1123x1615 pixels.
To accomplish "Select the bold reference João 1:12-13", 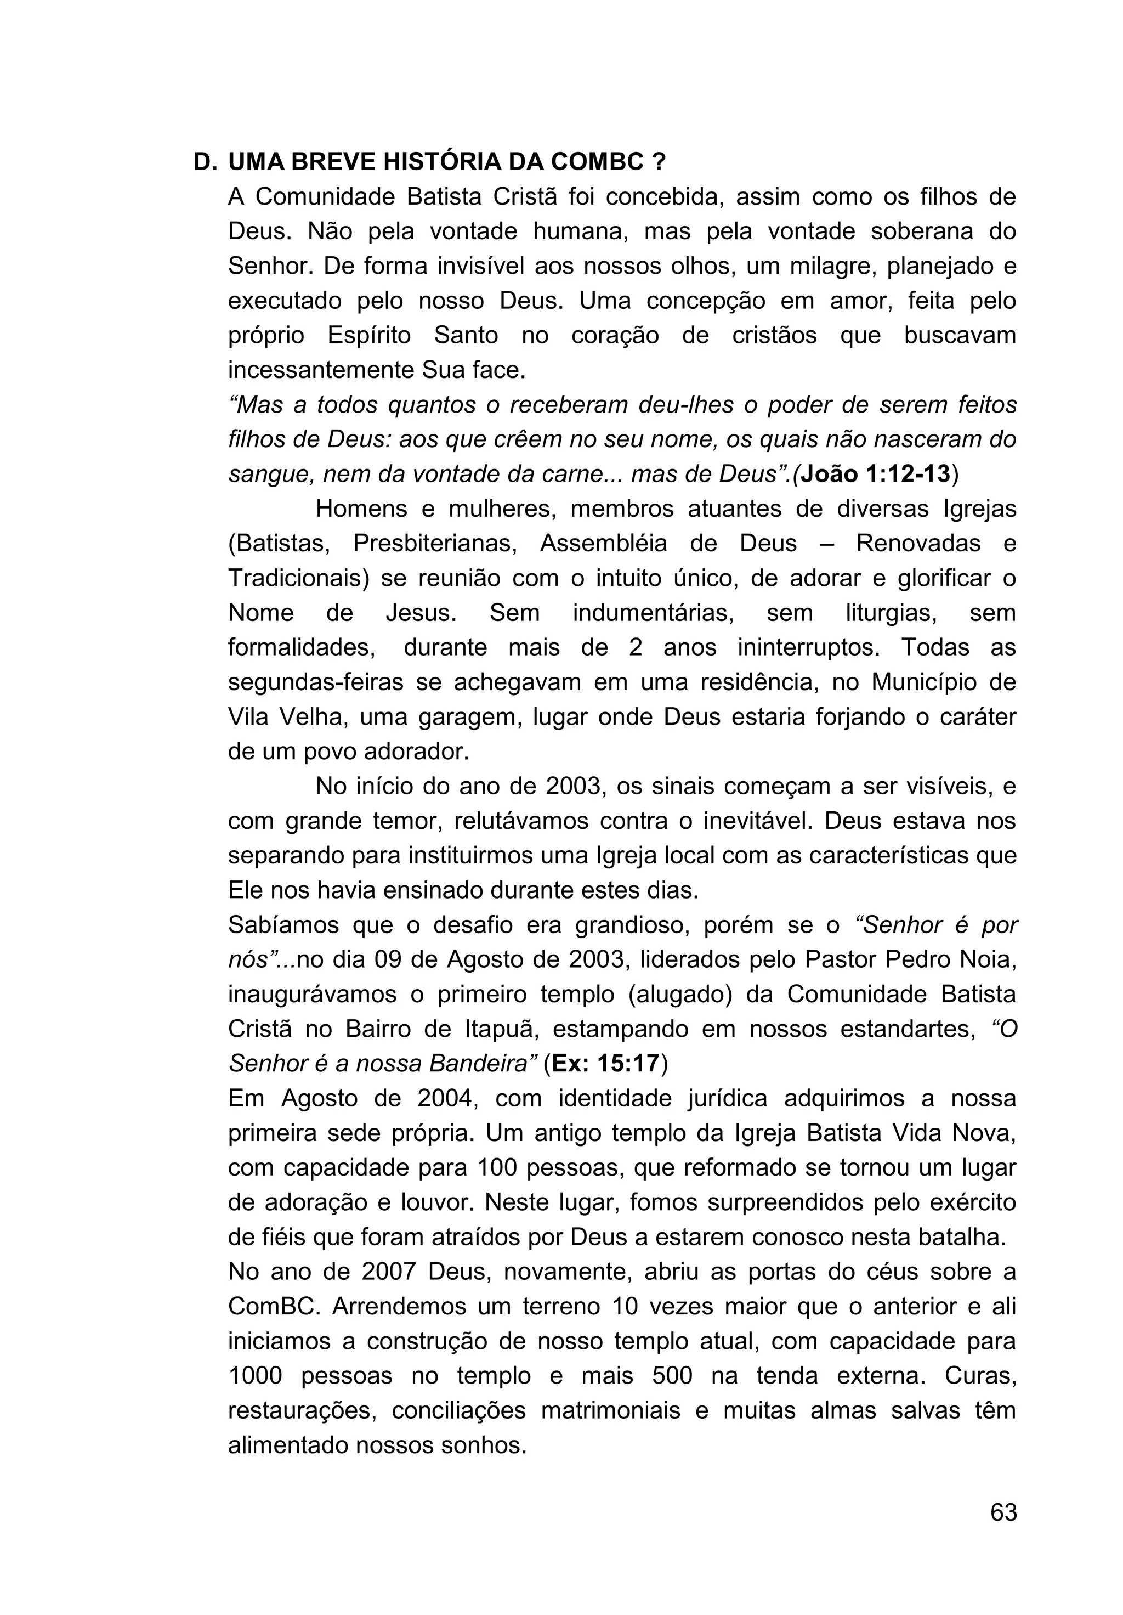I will tap(876, 474).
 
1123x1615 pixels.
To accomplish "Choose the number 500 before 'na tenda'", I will tap(672, 1375).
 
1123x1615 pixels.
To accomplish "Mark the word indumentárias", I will tap(653, 613).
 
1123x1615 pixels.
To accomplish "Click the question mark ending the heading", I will tap(659, 162).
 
